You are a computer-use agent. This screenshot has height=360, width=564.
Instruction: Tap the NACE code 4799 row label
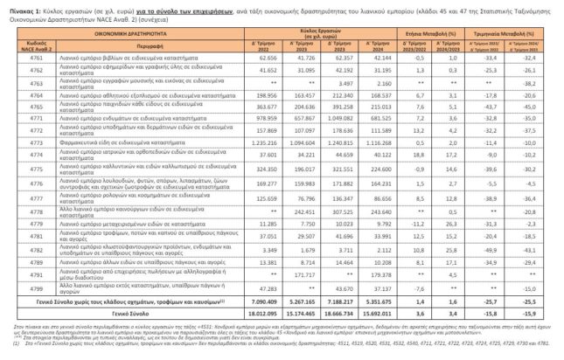(37, 287)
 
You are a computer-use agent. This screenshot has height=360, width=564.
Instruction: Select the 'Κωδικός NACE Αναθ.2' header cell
(37, 44)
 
